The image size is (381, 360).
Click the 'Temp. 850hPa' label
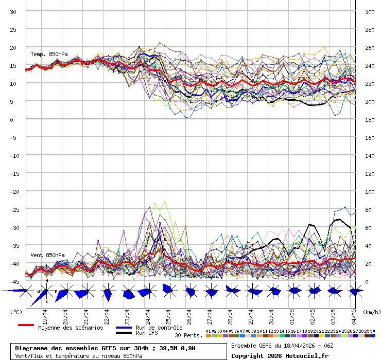tap(49, 54)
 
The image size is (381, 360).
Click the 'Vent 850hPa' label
tap(47, 255)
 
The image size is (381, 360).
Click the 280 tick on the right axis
tap(370, 30)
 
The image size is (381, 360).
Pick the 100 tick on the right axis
tap(370, 192)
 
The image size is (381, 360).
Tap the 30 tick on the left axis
tap(13, 12)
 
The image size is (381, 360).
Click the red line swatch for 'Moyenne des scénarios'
tap(26, 325)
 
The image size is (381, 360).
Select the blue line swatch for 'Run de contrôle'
tap(124, 328)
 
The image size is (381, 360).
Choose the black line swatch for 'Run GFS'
tap(124, 333)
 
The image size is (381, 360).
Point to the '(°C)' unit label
tap(16, 312)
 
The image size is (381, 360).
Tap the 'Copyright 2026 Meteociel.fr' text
tap(280, 355)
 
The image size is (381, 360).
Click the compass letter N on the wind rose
tap(46, 281)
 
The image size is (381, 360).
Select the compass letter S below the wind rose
tap(47, 301)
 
